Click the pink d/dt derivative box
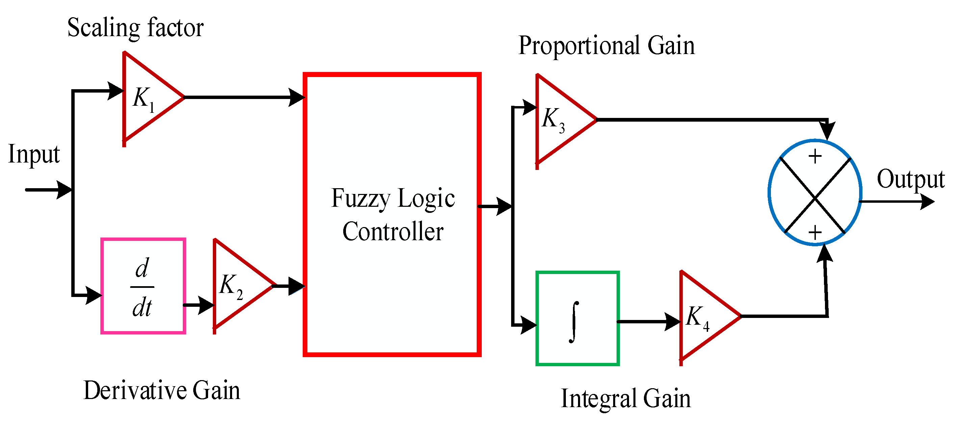[x=143, y=286]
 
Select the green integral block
[x=577, y=318]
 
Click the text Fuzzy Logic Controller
[x=393, y=215]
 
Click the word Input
[x=34, y=154]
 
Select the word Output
[x=910, y=179]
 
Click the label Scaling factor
[x=135, y=28]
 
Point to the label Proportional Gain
[x=606, y=46]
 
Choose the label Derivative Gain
[x=162, y=390]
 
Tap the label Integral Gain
[x=626, y=398]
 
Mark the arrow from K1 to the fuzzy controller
[x=244, y=97]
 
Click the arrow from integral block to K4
[x=649, y=321]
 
